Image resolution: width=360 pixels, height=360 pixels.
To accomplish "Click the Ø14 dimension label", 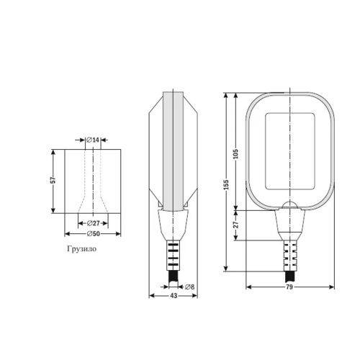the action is click(x=93, y=140).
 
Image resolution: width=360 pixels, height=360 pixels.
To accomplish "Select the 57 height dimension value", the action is click(x=53, y=180).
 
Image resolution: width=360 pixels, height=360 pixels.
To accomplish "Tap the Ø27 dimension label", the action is click(x=93, y=223).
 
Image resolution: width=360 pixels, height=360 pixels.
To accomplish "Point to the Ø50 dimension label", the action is click(x=93, y=233).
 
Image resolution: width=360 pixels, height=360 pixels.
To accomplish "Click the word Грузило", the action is click(x=82, y=249).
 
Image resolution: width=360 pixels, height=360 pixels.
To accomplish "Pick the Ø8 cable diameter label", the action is click(x=190, y=287).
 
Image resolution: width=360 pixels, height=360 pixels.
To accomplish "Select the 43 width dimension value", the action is click(x=174, y=296).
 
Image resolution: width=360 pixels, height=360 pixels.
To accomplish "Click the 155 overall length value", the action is click(x=226, y=184).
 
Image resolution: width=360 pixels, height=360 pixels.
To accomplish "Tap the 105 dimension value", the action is click(x=236, y=153).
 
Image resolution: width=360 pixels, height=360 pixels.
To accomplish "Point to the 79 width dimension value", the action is click(x=289, y=287).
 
